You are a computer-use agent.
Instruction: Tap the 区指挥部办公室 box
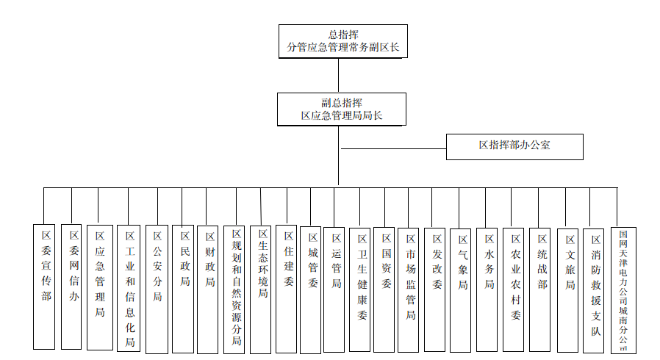514,146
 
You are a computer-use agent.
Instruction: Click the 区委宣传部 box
44,286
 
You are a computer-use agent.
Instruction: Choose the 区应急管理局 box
100,287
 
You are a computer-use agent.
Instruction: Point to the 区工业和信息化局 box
129,287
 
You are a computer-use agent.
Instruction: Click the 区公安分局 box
157,287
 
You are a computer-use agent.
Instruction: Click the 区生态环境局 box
262,287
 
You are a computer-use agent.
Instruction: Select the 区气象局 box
462,287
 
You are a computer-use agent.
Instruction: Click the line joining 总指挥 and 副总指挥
338,75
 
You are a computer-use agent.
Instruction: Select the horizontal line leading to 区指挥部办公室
393,148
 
